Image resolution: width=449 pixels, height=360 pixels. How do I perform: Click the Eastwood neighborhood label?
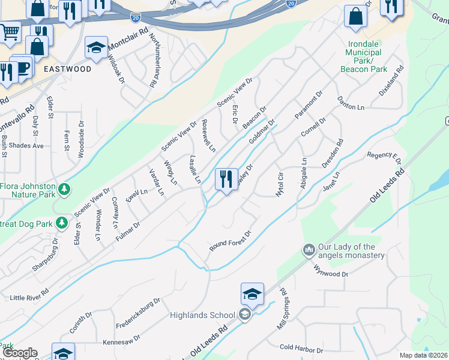pyautogui.click(x=67, y=69)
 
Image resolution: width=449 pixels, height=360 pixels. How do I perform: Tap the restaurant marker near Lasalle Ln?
pyautogui.click(x=226, y=179)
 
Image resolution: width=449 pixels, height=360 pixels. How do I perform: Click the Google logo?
pyautogui.click(x=20, y=353)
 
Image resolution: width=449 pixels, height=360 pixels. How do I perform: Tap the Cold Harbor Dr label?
pyautogui.click(x=302, y=349)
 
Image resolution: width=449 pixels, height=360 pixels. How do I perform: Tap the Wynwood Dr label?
pyautogui.click(x=331, y=273)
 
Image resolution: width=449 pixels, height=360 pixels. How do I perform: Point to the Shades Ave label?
pyautogui.click(x=30, y=145)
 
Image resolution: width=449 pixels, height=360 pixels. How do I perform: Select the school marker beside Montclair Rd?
pyautogui.click(x=96, y=49)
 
